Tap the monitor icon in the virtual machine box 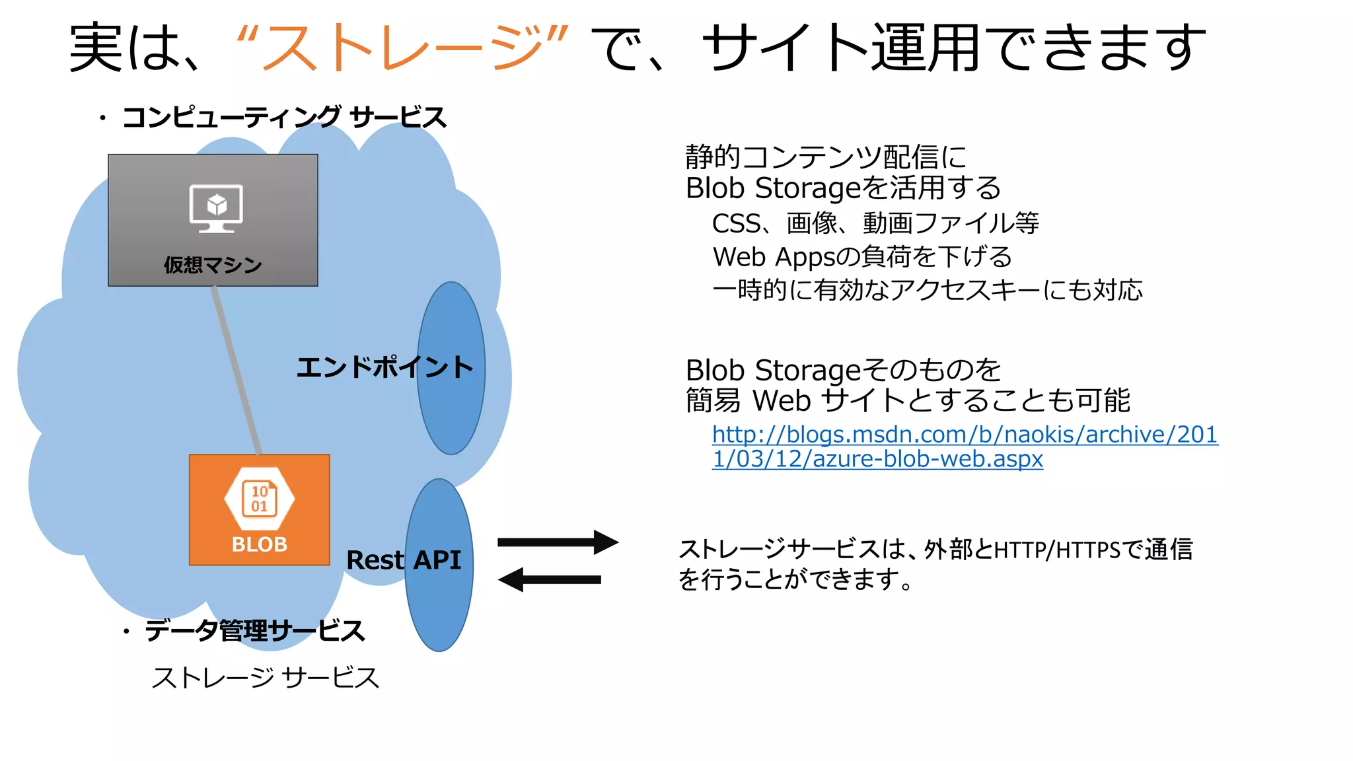216,208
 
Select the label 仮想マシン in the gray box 213,265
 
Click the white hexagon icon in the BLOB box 259,499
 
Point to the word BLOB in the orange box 259,544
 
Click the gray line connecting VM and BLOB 236,370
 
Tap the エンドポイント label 384,367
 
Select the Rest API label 403,560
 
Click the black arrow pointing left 550,580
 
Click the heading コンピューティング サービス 284,118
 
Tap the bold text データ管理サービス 254,630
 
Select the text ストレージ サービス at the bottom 265,678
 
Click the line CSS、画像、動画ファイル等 875,223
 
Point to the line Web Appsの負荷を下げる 861,256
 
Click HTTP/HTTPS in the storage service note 1056,550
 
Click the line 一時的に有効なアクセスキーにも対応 927,290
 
